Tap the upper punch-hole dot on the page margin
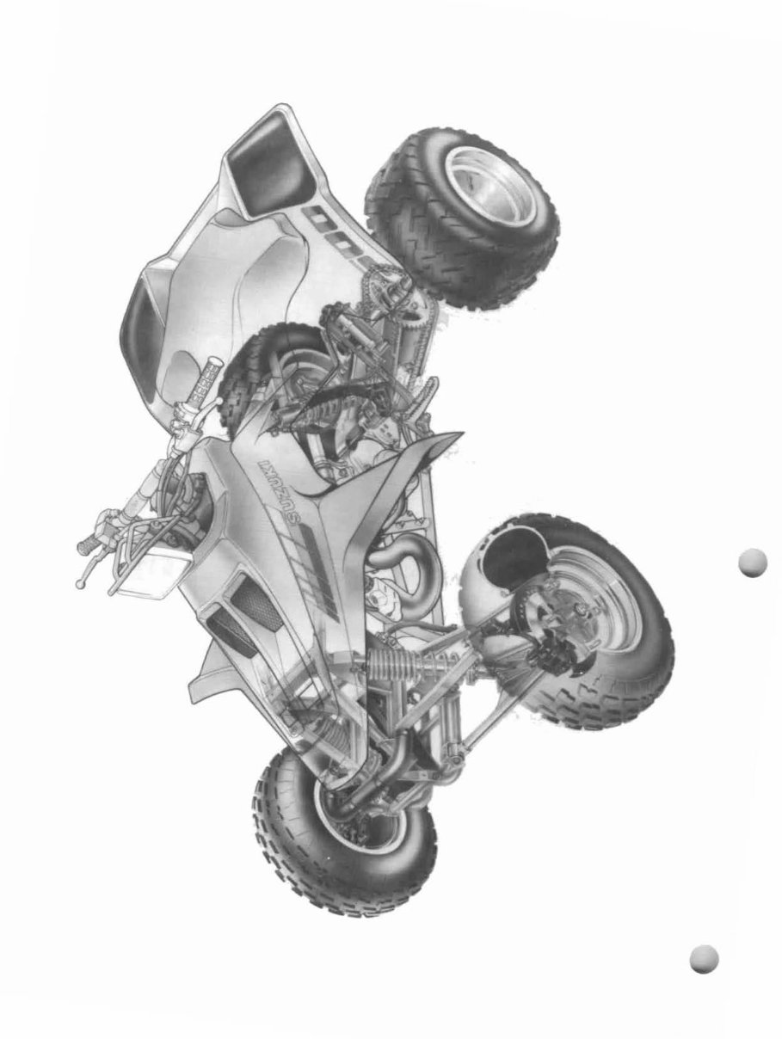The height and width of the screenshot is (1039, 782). tap(752, 563)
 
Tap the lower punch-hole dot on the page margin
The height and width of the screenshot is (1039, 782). tap(704, 958)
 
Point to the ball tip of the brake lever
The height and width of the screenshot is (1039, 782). tap(80, 584)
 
